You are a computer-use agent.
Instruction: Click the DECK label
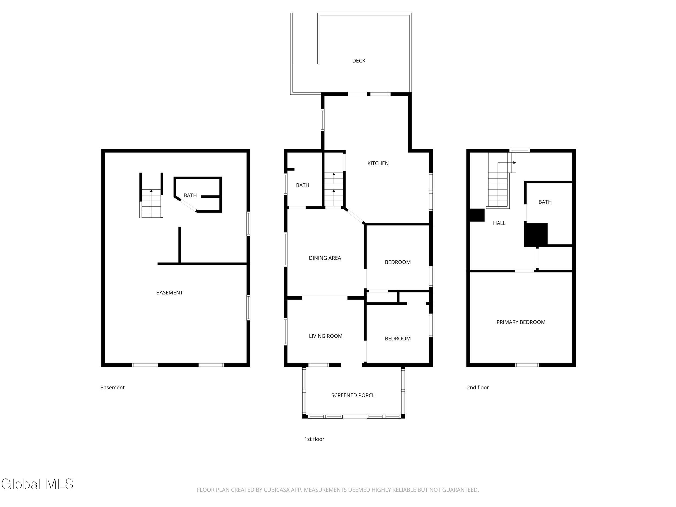tap(359, 61)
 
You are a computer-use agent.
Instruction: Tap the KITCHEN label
tap(378, 163)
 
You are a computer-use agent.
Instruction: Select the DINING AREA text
tap(325, 258)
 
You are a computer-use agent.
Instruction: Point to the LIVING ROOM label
tap(326, 336)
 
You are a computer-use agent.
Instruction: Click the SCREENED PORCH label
tap(353, 395)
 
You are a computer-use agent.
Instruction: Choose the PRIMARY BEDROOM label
tap(521, 322)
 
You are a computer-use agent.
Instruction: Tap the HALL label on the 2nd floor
tap(499, 223)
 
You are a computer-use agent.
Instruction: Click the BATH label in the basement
tap(190, 195)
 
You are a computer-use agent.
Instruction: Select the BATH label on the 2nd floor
tap(545, 202)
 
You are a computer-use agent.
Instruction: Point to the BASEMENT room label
tap(169, 293)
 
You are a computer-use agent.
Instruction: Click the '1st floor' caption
tap(314, 439)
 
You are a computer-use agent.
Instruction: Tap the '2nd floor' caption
tap(478, 387)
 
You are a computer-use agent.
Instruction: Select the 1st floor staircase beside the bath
tap(333, 190)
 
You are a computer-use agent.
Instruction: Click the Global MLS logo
tap(37, 484)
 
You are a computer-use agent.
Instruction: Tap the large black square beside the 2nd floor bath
tap(536, 235)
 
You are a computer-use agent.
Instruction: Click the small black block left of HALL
tap(477, 215)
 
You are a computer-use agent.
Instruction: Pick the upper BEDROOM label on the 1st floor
tap(397, 262)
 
